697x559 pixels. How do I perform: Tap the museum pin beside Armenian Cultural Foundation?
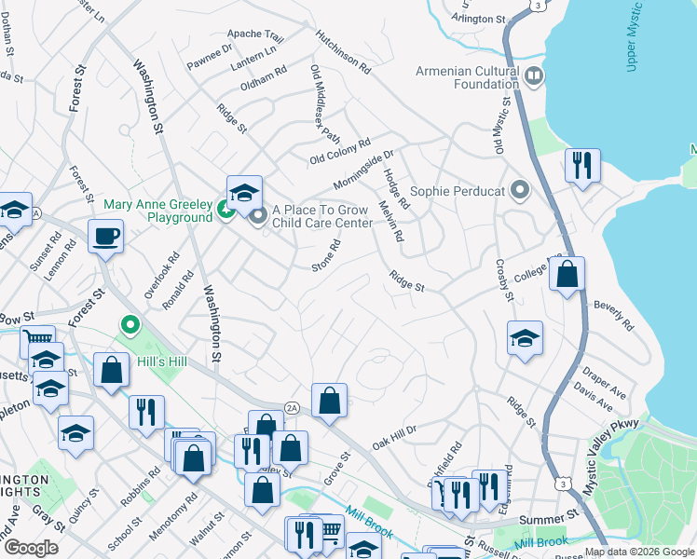point(534,75)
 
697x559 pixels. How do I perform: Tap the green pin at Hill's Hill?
point(130,326)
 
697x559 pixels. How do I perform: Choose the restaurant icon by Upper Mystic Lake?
point(582,166)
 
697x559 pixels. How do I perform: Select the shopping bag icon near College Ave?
point(567,274)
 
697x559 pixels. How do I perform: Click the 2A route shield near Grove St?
point(292,407)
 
